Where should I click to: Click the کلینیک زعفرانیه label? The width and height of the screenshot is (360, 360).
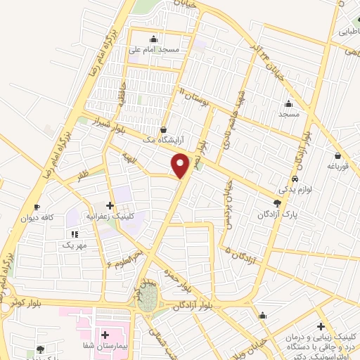[112, 217]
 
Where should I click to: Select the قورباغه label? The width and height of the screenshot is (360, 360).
[337, 166]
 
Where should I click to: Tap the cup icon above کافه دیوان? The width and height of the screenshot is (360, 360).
[37, 207]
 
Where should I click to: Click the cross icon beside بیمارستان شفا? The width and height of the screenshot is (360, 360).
[105, 335]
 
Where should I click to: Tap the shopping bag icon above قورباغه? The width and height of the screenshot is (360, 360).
[337, 155]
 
